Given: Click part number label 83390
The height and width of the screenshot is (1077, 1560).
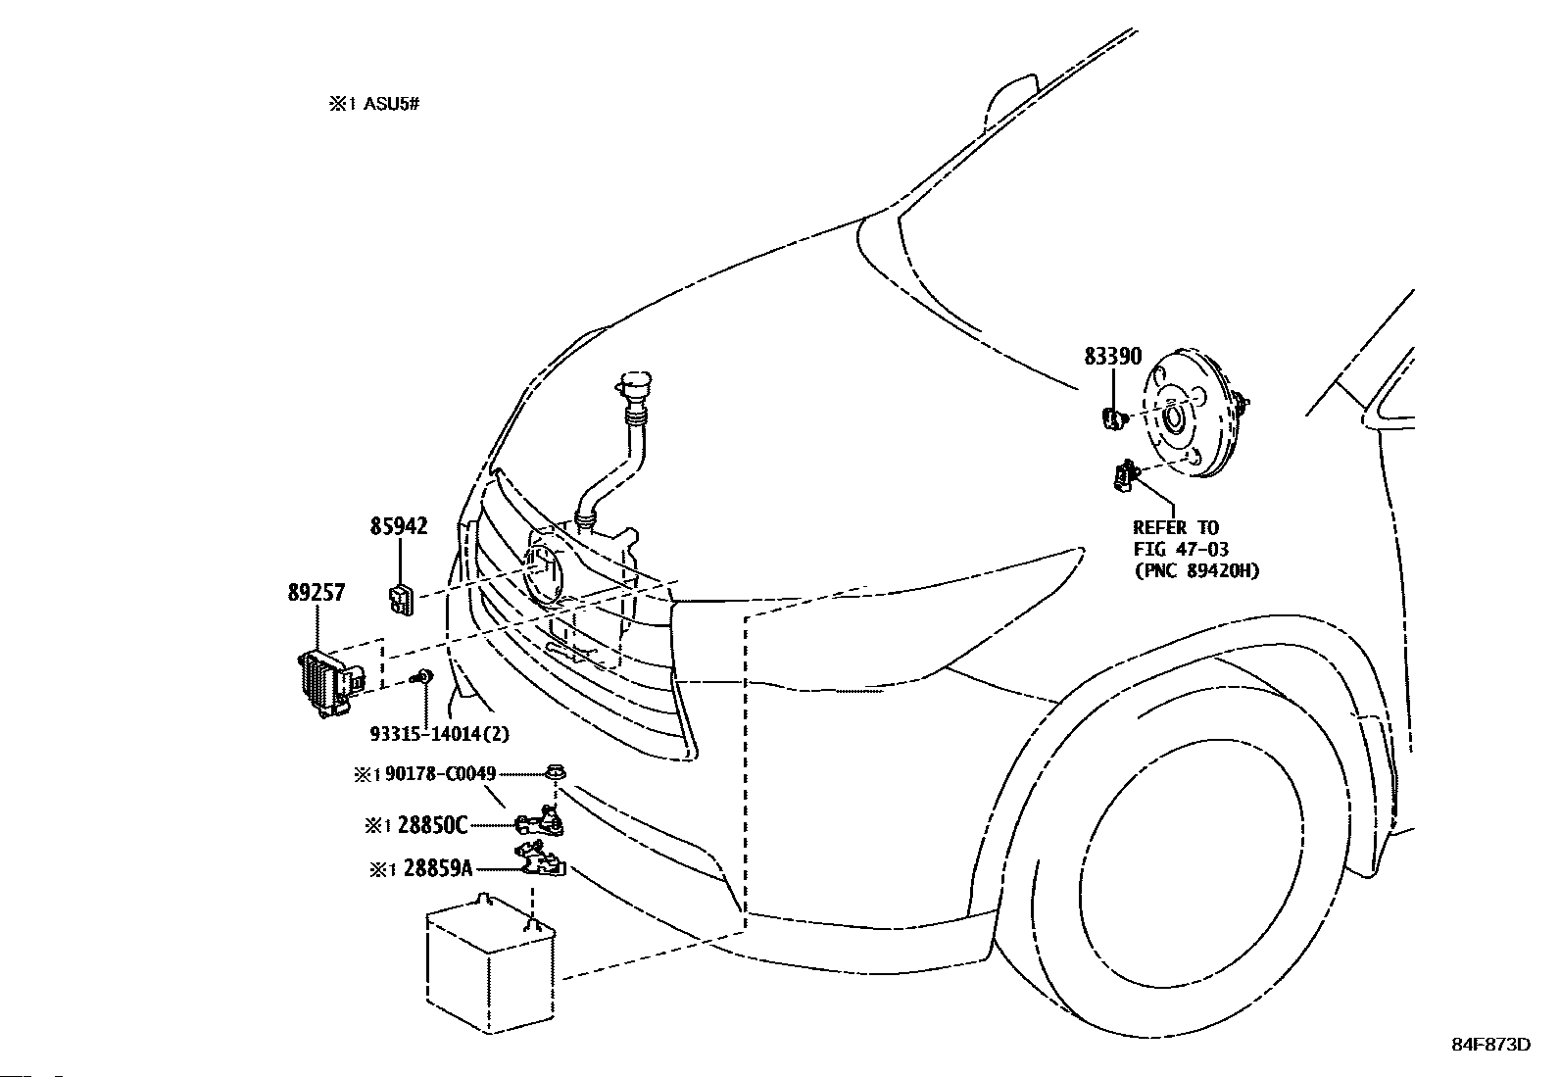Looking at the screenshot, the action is pos(1112,356).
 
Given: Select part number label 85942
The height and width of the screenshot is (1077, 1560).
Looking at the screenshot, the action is pos(399,526).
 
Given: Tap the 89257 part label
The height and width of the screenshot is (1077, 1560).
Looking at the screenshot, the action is pos(317,592).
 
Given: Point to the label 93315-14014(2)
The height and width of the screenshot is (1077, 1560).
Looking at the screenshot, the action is pos(439,734).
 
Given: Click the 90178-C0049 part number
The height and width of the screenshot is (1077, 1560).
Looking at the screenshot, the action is pos(440,774).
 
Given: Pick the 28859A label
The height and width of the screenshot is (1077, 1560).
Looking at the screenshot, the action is pos(437,868).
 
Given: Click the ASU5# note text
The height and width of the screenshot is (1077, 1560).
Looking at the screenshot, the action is pos(391,105).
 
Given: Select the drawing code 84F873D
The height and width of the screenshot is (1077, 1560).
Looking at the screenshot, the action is pos(1491,1045).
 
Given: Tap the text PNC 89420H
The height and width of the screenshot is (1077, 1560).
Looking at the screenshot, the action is pos(1196,570).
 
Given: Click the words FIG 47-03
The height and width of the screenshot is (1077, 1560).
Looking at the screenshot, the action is pos(1181,549).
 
